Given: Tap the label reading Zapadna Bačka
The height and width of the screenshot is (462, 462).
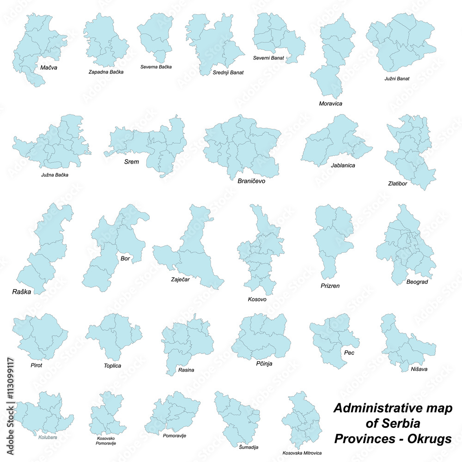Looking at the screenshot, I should coord(106,72).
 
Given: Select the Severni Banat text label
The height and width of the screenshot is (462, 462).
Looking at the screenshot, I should coord(268,58).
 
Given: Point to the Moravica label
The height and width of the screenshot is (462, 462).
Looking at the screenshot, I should coord(330,103).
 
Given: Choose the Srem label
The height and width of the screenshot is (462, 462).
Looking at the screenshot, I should coord(132,162).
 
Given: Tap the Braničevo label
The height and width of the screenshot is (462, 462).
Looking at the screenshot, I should coord(251,181).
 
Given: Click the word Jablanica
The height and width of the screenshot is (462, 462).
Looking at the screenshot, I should coord(343,165).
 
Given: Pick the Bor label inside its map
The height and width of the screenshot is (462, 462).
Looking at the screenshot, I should coord(125,258).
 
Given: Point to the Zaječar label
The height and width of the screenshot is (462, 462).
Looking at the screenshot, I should coord(180,280).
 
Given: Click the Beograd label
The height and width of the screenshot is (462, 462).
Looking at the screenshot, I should coord(418,281).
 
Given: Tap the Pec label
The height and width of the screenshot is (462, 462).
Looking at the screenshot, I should coord(349,353).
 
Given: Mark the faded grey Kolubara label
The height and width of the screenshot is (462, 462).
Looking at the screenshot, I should coord(48,436).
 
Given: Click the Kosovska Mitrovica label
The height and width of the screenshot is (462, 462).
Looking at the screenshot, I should coord(302,453).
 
